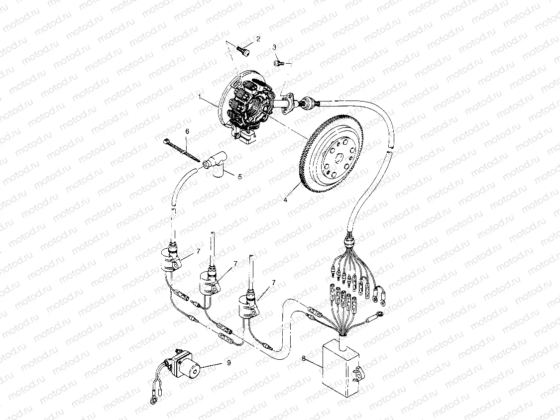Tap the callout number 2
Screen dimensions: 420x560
pyautogui.click(x=258, y=38)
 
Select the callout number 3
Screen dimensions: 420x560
pyautogui.click(x=274, y=47)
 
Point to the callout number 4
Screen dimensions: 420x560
pyautogui.click(x=286, y=200)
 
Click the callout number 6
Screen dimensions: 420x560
pyautogui.click(x=187, y=131)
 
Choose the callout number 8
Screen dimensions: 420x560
pyautogui.click(x=304, y=359)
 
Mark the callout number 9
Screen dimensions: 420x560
pyautogui.click(x=228, y=363)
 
